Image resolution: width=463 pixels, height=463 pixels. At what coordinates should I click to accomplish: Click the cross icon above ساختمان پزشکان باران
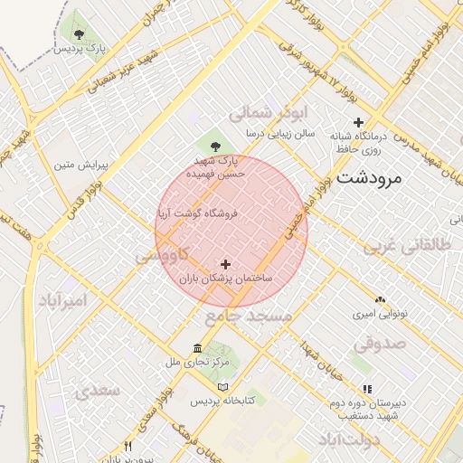(x=225, y=263)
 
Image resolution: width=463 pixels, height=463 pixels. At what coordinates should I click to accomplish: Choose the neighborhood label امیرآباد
(x=62, y=300)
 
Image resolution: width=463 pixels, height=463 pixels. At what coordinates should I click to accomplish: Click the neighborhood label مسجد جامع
(x=248, y=316)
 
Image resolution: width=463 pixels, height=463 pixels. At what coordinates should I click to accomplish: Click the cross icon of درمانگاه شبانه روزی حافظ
(x=359, y=122)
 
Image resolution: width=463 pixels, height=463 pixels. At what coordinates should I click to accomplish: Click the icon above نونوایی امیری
(x=380, y=298)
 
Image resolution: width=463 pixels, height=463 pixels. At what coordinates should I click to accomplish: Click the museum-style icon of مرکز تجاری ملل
(x=198, y=348)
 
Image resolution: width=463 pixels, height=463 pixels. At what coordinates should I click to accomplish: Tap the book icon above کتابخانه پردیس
(x=197, y=386)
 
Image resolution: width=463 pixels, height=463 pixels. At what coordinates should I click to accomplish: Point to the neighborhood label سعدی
(x=98, y=391)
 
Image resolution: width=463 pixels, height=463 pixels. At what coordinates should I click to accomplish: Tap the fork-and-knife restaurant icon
(x=128, y=447)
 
